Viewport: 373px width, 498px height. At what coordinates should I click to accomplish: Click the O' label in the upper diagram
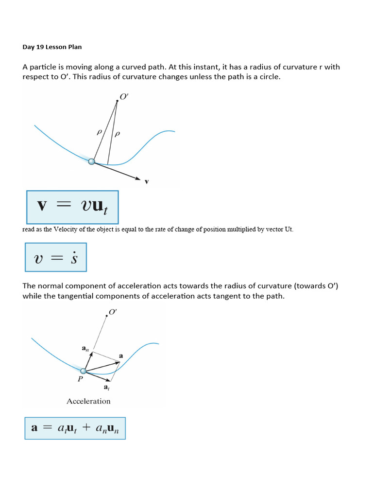click(124, 97)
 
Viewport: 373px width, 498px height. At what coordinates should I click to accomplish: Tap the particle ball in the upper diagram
click(92, 161)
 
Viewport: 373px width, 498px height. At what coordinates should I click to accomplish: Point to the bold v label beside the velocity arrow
click(147, 182)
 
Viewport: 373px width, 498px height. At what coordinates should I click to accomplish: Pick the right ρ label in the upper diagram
click(116, 134)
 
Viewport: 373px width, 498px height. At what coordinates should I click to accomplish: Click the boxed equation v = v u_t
click(71, 207)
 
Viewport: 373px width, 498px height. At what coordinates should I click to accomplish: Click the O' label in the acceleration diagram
click(113, 312)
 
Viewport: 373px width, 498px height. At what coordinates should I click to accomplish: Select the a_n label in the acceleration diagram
click(85, 348)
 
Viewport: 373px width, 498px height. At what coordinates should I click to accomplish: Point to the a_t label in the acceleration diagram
click(106, 387)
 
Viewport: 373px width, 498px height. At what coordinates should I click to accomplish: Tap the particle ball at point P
click(83, 371)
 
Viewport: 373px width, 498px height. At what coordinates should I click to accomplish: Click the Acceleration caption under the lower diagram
click(88, 401)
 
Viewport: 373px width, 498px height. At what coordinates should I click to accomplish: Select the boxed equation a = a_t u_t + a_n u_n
click(75, 428)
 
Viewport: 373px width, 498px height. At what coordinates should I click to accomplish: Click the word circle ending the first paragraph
click(269, 77)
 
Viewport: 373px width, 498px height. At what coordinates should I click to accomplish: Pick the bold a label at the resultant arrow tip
click(121, 356)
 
